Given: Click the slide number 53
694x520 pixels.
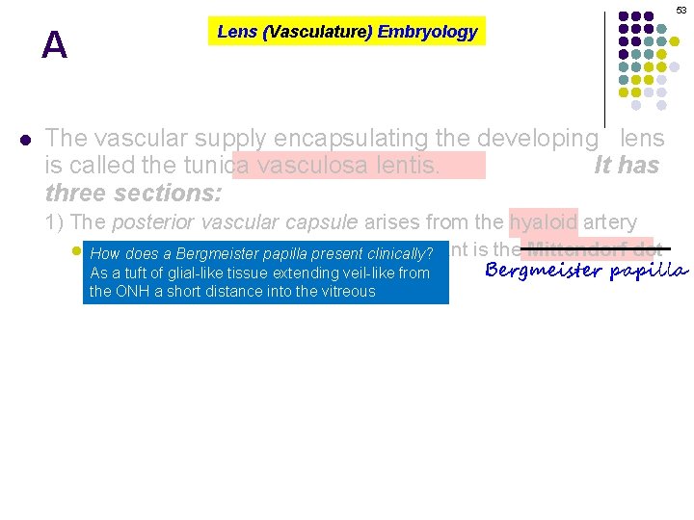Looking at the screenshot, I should [681, 10].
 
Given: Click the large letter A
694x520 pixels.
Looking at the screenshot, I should [55, 45].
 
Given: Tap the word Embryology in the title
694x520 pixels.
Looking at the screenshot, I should [427, 32].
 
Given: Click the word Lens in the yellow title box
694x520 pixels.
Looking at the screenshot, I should [236, 32].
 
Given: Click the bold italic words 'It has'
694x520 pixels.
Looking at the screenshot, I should [627, 166].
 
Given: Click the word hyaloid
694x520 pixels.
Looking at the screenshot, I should [544, 222].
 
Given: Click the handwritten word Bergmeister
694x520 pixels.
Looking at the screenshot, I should [544, 271].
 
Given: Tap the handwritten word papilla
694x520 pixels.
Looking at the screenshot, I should [648, 271].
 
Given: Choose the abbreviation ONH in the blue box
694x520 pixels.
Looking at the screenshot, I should [131, 291].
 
